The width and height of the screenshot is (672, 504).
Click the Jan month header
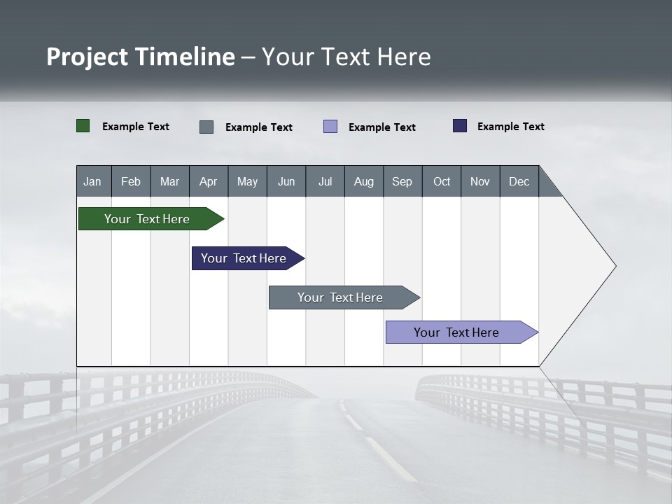click(x=92, y=181)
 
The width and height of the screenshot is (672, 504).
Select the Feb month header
click(x=131, y=181)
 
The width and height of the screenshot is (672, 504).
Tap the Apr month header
click(x=208, y=181)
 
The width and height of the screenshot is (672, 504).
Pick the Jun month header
click(x=286, y=181)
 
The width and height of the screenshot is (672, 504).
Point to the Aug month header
click(x=363, y=181)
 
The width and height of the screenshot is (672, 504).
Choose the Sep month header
click(x=402, y=181)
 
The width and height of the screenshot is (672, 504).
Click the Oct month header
click(x=442, y=181)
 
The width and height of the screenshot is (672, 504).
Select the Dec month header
click(x=519, y=181)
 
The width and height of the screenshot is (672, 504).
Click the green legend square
click(x=83, y=126)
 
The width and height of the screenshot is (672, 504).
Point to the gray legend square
click(x=206, y=127)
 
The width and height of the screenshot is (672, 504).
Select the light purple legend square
click(x=330, y=127)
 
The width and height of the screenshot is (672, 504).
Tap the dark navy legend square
click(x=460, y=126)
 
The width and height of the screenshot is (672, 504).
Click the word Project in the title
click(x=87, y=57)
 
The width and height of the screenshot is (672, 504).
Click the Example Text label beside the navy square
click(x=510, y=127)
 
